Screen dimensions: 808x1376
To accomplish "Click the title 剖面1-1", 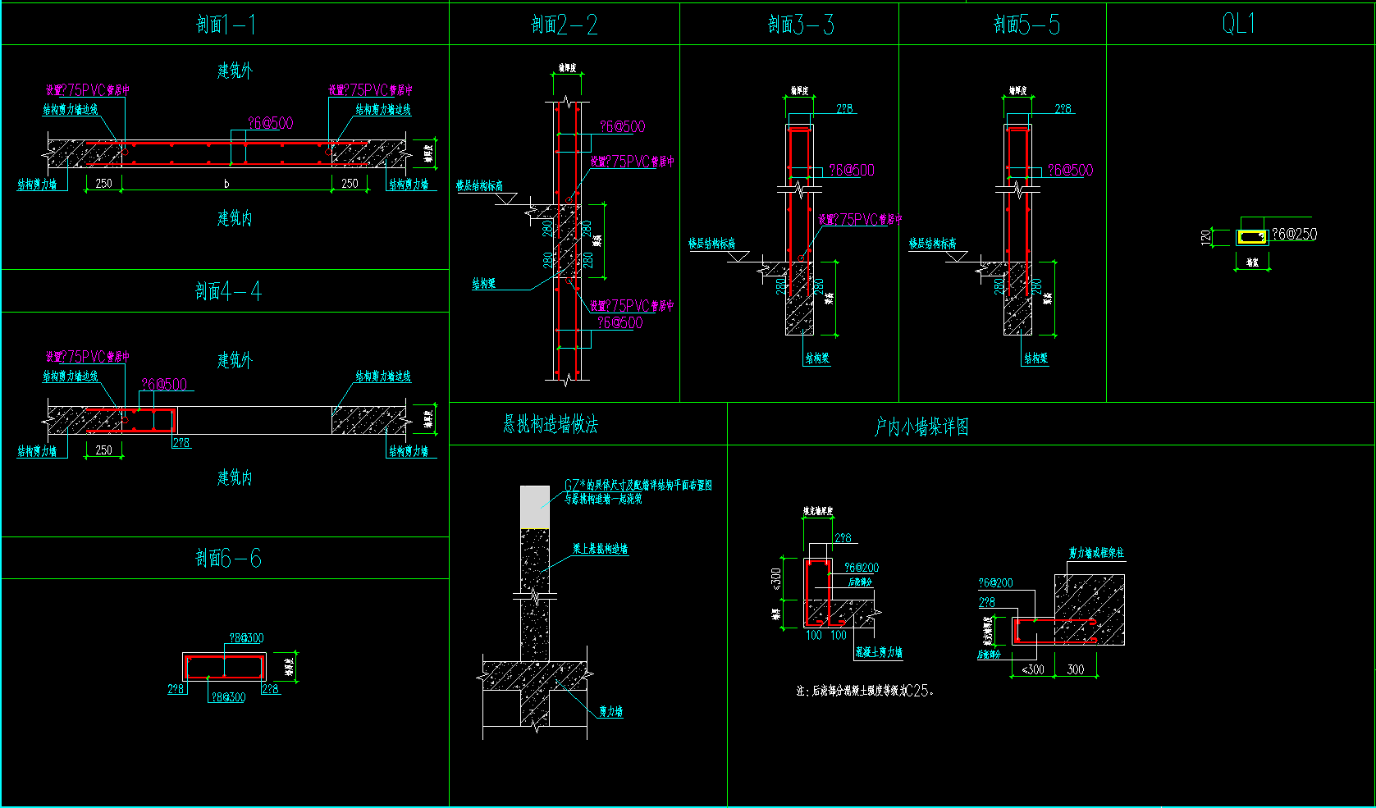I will point(226,25).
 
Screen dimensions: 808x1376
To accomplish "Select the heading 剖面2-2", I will point(564,25).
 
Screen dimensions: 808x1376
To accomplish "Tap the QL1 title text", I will point(1238,24).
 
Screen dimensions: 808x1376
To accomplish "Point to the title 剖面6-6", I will point(228,559).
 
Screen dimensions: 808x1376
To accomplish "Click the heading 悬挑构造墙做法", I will point(550,424).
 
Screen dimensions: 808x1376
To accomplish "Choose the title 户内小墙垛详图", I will point(921,427).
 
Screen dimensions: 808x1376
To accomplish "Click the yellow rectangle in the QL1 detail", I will point(1252,237).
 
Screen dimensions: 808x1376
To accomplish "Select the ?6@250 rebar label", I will point(1294,234).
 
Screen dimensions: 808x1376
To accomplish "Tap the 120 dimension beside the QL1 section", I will point(1205,237).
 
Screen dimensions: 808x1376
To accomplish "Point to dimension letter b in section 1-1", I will point(226,184).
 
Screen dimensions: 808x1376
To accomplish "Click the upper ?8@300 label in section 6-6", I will point(246,638).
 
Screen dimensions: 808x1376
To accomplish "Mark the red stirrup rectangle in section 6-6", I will point(223,667).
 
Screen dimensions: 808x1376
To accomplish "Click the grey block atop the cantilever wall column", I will point(535,507).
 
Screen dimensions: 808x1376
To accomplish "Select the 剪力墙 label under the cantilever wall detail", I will point(610,711).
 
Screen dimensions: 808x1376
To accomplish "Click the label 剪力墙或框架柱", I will point(1096,553).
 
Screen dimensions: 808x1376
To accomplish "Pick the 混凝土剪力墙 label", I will point(878,652).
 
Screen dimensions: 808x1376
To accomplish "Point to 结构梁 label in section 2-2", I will point(483,284).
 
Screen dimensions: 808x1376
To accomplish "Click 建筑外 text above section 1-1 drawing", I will point(235,71).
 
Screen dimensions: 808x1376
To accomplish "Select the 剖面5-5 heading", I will point(1026,25).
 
